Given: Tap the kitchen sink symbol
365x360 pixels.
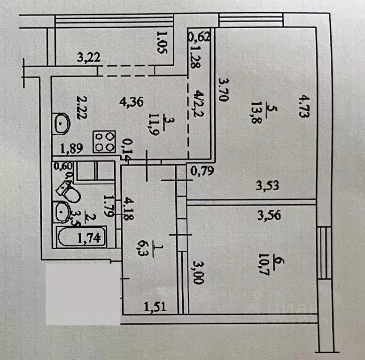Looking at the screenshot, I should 61,124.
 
